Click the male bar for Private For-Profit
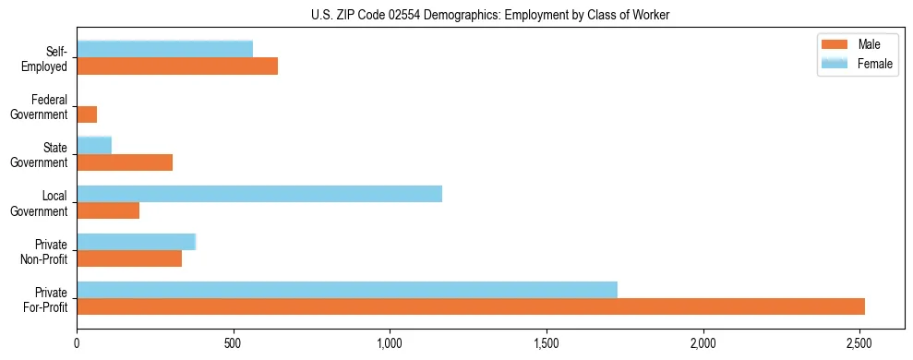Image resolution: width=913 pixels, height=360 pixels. click(471, 306)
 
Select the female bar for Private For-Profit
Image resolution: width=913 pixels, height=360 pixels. click(347, 290)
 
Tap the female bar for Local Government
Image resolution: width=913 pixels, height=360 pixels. click(259, 194)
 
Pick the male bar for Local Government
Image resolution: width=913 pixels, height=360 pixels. click(108, 210)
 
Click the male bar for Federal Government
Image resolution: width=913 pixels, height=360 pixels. click(87, 114)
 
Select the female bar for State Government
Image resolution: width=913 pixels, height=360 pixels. click(94, 145)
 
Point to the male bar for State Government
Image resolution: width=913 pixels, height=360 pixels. click(125, 162)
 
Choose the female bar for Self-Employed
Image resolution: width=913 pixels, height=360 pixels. click(165, 50)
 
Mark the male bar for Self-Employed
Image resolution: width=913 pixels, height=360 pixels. click(177, 66)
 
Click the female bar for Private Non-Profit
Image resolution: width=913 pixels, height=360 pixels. click(137, 242)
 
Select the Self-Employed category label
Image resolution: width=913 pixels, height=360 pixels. click(50, 59)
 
